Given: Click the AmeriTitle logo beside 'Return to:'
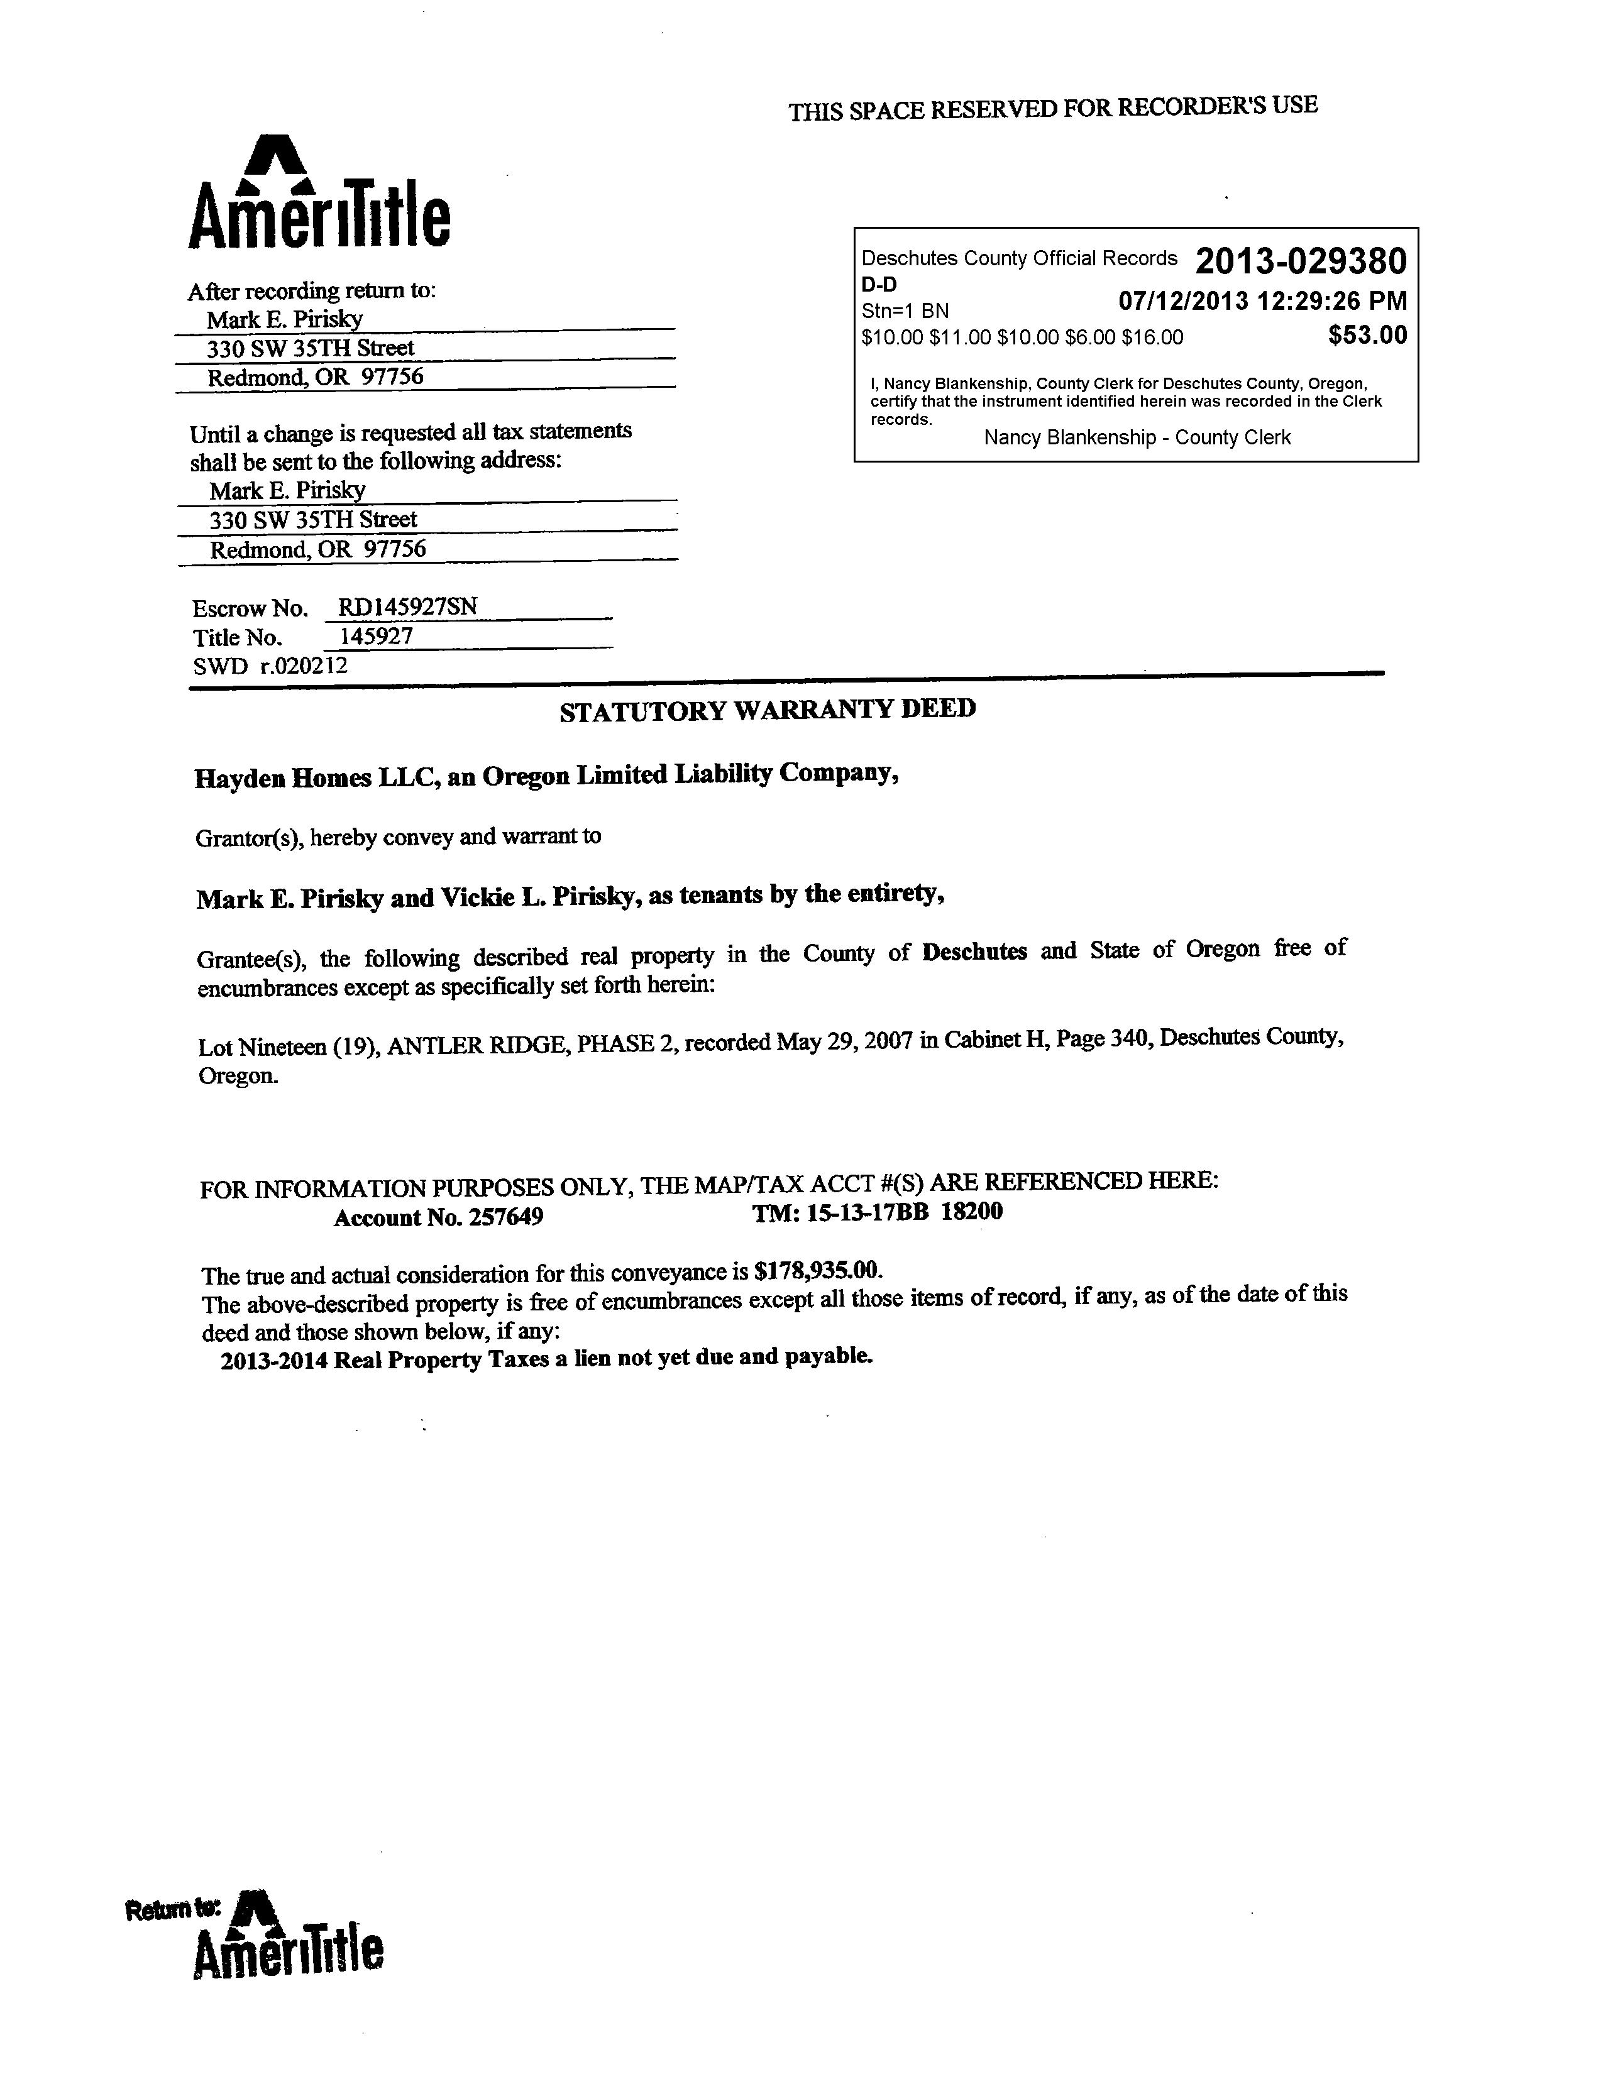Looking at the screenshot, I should [x=289, y=1951].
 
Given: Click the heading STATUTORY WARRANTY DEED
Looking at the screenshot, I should [x=768, y=710].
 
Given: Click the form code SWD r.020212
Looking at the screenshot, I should [x=271, y=666].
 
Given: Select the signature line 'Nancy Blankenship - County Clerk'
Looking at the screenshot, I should [x=1137, y=438].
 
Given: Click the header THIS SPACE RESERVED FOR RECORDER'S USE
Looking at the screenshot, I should [x=1052, y=108].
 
